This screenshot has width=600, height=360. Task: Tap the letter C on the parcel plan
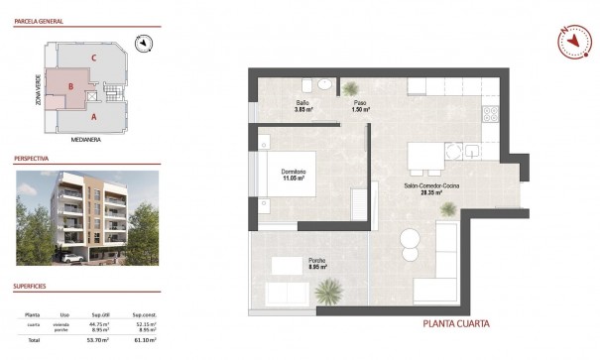92,59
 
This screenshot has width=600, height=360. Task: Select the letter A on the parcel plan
93,116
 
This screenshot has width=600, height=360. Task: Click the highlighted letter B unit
70,86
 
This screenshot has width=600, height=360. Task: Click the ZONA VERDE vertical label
38,89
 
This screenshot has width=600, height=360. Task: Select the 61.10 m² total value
145,339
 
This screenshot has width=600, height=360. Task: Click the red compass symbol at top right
567,40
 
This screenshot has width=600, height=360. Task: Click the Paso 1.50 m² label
360,107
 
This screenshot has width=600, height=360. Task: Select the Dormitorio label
294,175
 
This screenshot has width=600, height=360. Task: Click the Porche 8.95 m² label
317,264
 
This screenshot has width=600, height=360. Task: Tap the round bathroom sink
351,85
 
